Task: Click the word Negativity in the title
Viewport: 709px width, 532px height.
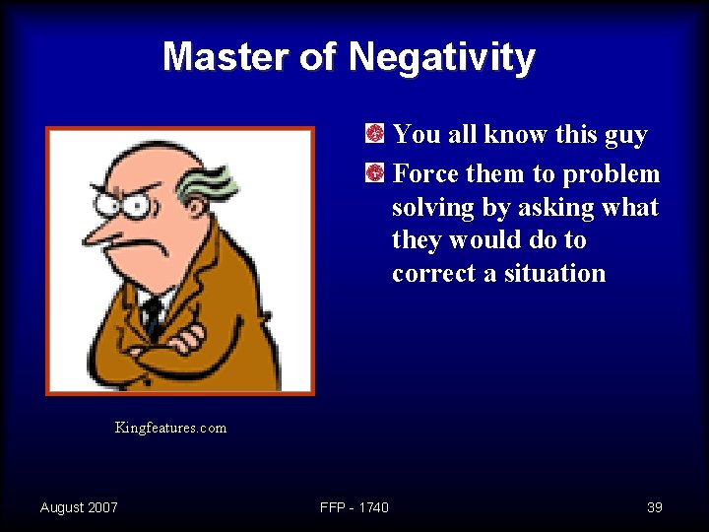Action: (x=441, y=57)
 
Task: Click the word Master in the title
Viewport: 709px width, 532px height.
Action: (x=226, y=57)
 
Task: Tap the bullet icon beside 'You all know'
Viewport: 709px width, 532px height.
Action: (x=374, y=134)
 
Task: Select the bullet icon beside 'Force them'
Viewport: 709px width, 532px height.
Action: (x=374, y=174)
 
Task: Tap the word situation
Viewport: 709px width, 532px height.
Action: (x=554, y=273)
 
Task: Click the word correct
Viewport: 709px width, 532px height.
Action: (x=433, y=273)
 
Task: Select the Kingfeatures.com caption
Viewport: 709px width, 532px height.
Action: (x=170, y=428)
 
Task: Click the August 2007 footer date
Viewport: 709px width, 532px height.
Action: (x=79, y=507)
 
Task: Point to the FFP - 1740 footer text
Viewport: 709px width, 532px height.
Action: (x=354, y=507)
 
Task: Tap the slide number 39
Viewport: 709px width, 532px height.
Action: (x=655, y=507)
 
